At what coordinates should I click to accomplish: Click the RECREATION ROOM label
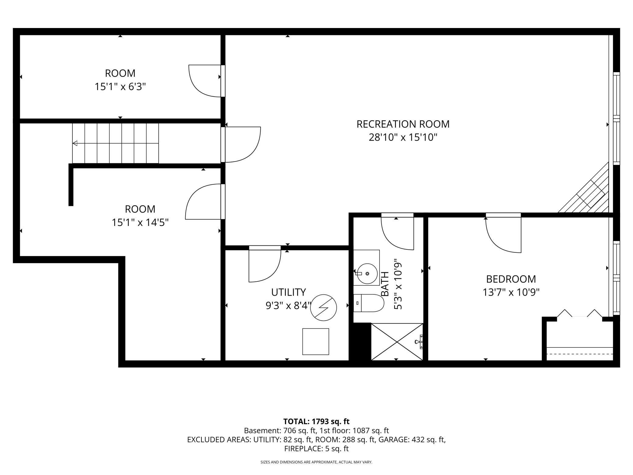tap(403, 124)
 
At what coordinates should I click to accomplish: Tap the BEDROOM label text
tap(511, 279)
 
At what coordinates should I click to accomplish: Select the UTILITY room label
tap(289, 292)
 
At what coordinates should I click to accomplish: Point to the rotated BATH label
tap(385, 284)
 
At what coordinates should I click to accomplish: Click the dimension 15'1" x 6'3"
tap(120, 87)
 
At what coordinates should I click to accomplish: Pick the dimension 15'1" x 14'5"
tap(140, 223)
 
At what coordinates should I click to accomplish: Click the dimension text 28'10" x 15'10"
tap(403, 138)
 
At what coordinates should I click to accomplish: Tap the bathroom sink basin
tap(367, 274)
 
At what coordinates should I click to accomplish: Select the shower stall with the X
tap(397, 342)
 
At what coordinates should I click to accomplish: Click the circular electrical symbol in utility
tap(323, 308)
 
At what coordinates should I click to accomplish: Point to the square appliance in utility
tap(316, 341)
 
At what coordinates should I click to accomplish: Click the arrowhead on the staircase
tap(75, 143)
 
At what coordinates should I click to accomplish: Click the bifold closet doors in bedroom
tap(579, 313)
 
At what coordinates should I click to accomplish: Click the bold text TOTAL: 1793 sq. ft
tap(316, 421)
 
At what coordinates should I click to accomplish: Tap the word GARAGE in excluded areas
tap(393, 440)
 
